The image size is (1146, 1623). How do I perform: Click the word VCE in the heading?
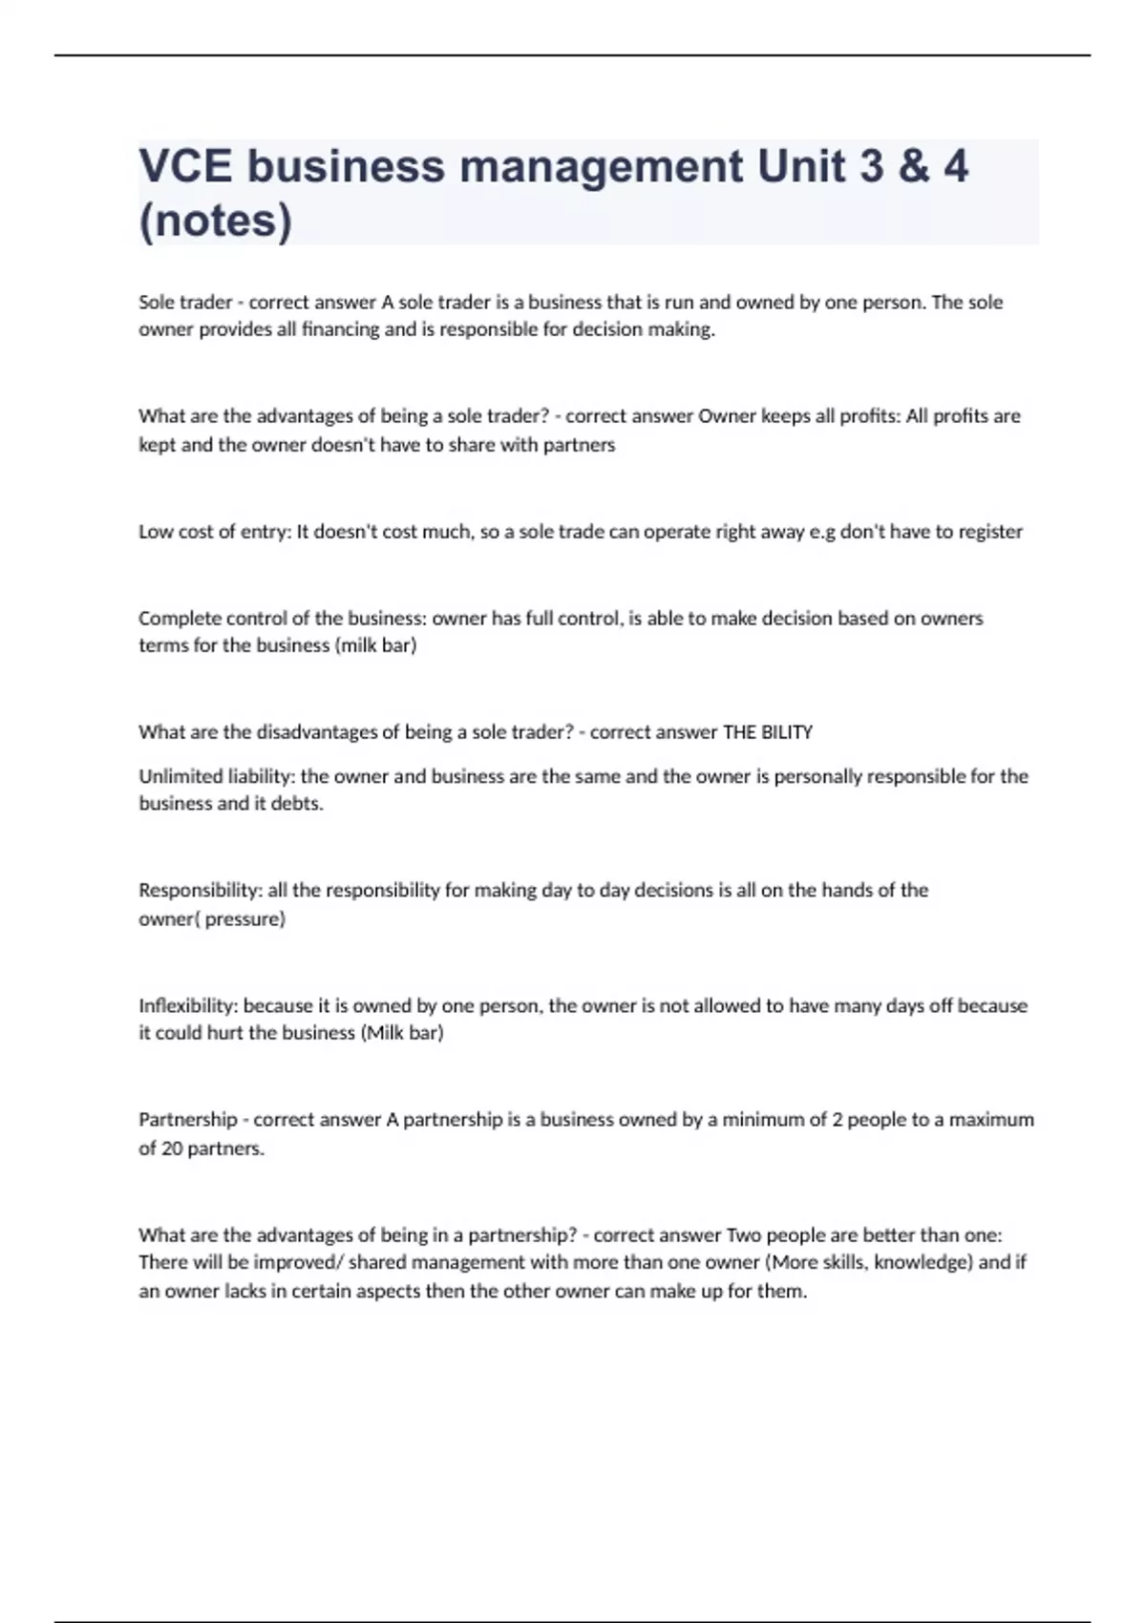pos(185,166)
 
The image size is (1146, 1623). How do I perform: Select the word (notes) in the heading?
pos(216,221)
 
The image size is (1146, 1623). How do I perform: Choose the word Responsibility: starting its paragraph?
pos(201,891)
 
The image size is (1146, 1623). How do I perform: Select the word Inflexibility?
pos(188,1005)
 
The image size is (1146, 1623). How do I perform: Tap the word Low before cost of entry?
pos(156,532)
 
